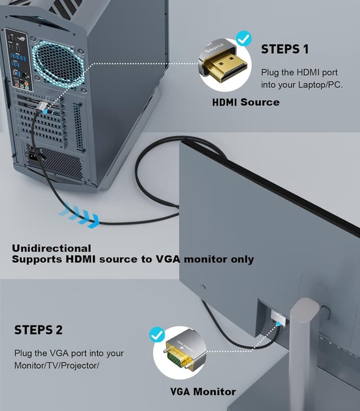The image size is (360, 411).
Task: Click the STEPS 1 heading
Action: pyautogui.click(x=285, y=49)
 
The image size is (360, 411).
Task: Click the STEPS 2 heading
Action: pyautogui.click(x=38, y=329)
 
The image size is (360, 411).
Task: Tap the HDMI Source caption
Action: pyautogui.click(x=245, y=102)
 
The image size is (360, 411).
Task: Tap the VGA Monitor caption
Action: pyautogui.click(x=203, y=391)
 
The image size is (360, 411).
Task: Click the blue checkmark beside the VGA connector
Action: pyautogui.click(x=157, y=335)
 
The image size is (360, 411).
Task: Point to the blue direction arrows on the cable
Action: pyautogui.click(x=79, y=214)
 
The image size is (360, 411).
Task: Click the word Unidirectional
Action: pyautogui.click(x=51, y=248)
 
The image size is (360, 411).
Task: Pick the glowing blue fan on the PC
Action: pyautogui.click(x=57, y=63)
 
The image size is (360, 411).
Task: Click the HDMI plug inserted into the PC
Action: pyautogui.click(x=42, y=108)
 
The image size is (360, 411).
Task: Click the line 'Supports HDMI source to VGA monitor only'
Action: pyautogui.click(x=133, y=259)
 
